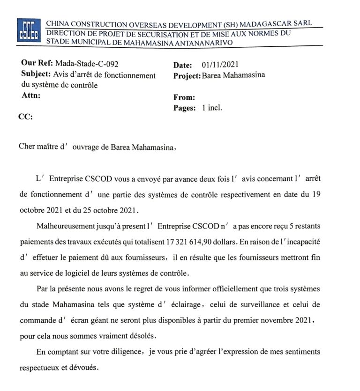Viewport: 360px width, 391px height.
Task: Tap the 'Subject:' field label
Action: pyautogui.click(x=36, y=75)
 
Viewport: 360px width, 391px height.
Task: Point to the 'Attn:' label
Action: pyautogui.click(x=31, y=96)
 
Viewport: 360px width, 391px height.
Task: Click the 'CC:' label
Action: pyautogui.click(x=25, y=117)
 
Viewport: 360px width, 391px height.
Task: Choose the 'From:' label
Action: pyautogui.click(x=184, y=97)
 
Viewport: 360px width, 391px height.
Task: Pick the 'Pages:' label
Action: pyautogui.click(x=185, y=108)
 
